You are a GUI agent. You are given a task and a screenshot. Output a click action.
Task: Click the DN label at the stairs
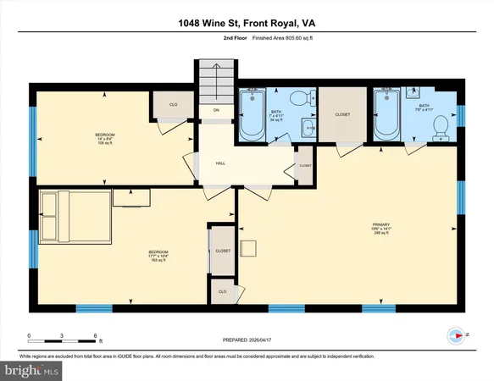click(216, 111)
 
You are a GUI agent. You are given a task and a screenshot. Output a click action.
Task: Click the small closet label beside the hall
click(305, 165)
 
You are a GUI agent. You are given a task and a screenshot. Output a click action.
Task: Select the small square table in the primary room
click(248, 248)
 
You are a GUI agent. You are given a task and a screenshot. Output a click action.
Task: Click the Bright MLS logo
click(32, 371)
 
